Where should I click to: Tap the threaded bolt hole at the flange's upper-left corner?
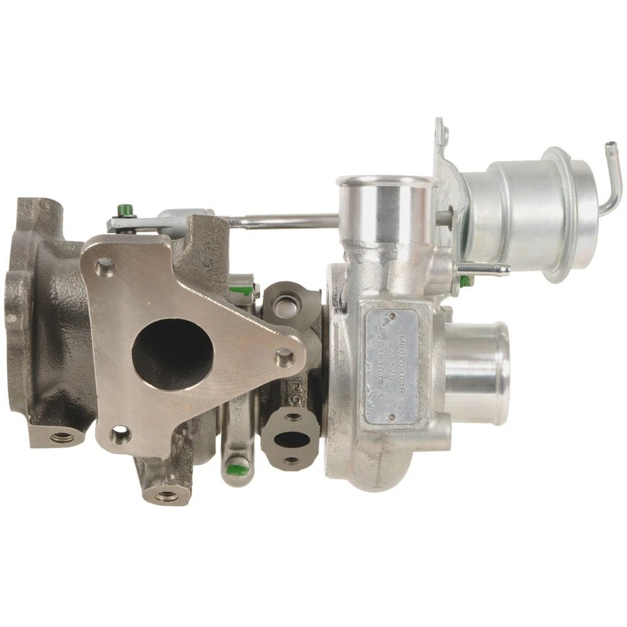104,266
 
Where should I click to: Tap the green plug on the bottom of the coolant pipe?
236,468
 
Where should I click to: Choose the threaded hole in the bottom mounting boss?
167,496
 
